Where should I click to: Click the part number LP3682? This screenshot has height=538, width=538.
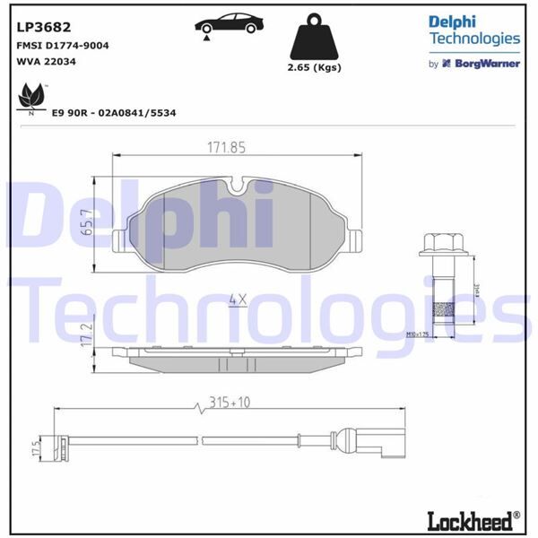pyautogui.click(x=41, y=26)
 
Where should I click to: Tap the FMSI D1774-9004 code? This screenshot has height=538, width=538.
pyautogui.click(x=63, y=45)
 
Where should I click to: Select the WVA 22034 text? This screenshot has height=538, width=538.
pyautogui.click(x=46, y=63)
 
